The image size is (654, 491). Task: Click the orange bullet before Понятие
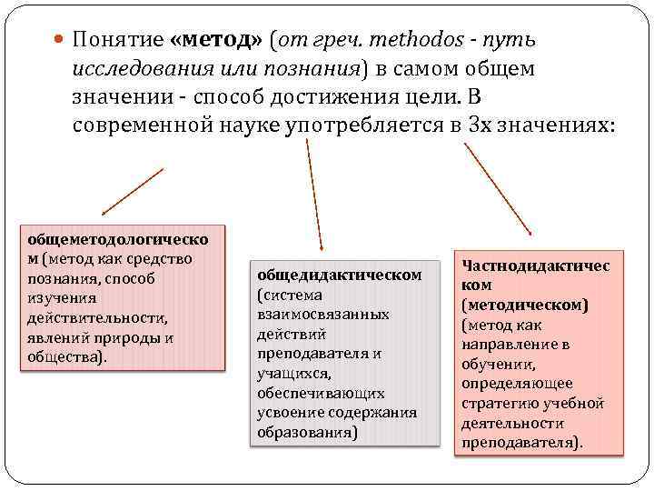[60, 41]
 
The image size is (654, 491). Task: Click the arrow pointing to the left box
[132, 191]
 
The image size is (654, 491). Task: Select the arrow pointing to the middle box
[313, 191]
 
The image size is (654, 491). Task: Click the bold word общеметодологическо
[118, 239]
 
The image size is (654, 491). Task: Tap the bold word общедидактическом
[340, 274]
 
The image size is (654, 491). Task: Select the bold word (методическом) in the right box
[524, 305]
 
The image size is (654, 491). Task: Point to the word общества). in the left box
[66, 357]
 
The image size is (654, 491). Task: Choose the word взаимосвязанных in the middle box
[323, 314]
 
